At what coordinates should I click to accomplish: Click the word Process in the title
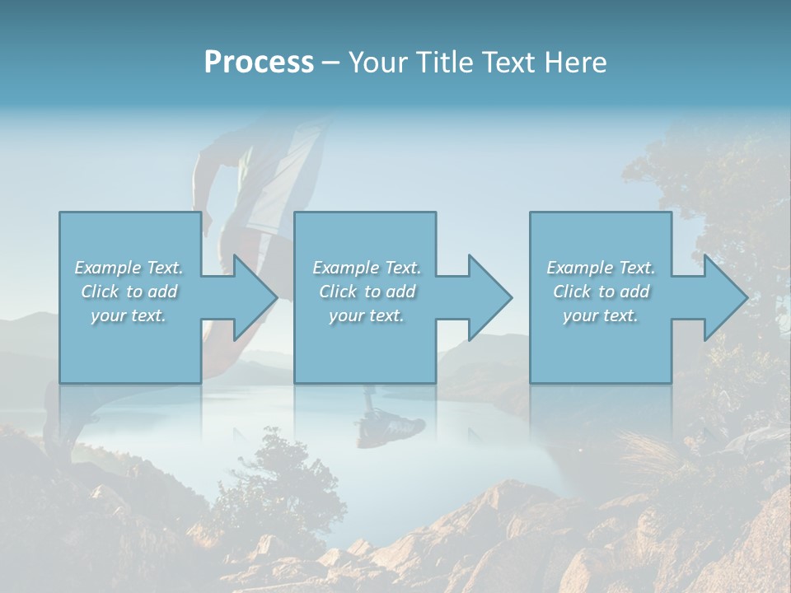[x=259, y=63]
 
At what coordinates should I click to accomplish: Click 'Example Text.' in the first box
[x=129, y=268]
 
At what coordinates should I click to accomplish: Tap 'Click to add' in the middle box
[x=367, y=292]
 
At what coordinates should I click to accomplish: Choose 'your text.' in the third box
[x=601, y=315]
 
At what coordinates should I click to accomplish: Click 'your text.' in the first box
[x=129, y=315]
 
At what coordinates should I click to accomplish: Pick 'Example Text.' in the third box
[x=601, y=268]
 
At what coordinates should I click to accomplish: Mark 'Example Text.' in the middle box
[x=367, y=268]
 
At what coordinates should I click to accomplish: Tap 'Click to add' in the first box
[x=129, y=292]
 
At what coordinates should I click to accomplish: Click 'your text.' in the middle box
[x=367, y=315]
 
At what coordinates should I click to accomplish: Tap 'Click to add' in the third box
[x=601, y=292]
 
